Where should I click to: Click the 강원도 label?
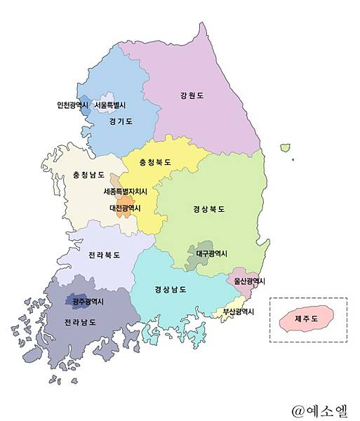[191, 96]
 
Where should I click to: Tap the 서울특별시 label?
[110, 106]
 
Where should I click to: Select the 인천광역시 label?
[73, 106]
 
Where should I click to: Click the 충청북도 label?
[155, 162]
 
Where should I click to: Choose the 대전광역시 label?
[125, 208]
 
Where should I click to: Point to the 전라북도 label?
[104, 255]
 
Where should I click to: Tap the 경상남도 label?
[170, 289]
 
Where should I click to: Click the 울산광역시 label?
[246, 281]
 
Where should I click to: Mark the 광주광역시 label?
[88, 302]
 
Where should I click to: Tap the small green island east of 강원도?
[285, 148]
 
